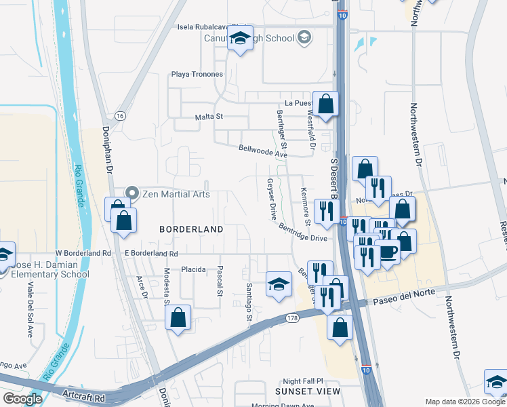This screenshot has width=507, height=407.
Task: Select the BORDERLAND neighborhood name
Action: (191, 229)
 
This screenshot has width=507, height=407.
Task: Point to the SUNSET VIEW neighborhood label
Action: (308, 391)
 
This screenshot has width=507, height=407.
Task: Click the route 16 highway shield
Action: (119, 116)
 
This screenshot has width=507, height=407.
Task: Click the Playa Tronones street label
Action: (197, 74)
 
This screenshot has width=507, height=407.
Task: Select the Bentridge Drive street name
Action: (302, 233)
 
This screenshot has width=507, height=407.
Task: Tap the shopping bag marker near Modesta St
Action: (178, 317)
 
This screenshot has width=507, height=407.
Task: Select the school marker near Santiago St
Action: (278, 284)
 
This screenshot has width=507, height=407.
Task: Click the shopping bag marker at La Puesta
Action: (325, 104)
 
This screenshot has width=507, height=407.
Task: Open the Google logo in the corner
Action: (22, 399)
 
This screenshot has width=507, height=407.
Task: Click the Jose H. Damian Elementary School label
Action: (47, 269)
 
